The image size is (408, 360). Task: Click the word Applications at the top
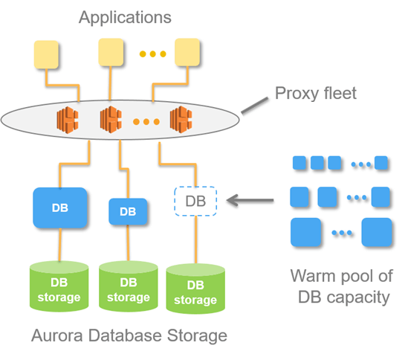click(x=125, y=18)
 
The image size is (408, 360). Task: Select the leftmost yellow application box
click(x=46, y=54)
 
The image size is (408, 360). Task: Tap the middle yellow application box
click(x=111, y=52)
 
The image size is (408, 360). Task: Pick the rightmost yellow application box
click(x=187, y=52)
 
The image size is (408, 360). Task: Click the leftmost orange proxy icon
click(x=68, y=120)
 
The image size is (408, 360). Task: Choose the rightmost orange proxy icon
click(x=181, y=119)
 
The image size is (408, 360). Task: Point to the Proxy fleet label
click(x=316, y=93)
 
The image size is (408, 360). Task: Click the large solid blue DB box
click(x=60, y=208)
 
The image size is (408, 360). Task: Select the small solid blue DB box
click(x=128, y=211)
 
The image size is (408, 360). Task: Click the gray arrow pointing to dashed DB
click(x=250, y=200)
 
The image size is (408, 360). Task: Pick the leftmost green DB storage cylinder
click(x=59, y=286)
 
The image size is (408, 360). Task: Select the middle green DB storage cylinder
click(x=129, y=286)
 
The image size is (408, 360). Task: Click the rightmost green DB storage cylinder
click(x=195, y=289)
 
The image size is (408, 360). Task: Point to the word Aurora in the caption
click(x=57, y=335)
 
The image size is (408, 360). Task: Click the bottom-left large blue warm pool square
click(x=305, y=232)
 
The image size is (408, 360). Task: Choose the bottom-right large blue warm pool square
click(x=377, y=232)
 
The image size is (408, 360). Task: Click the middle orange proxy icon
click(x=111, y=120)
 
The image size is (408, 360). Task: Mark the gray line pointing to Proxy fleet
click(x=254, y=106)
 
